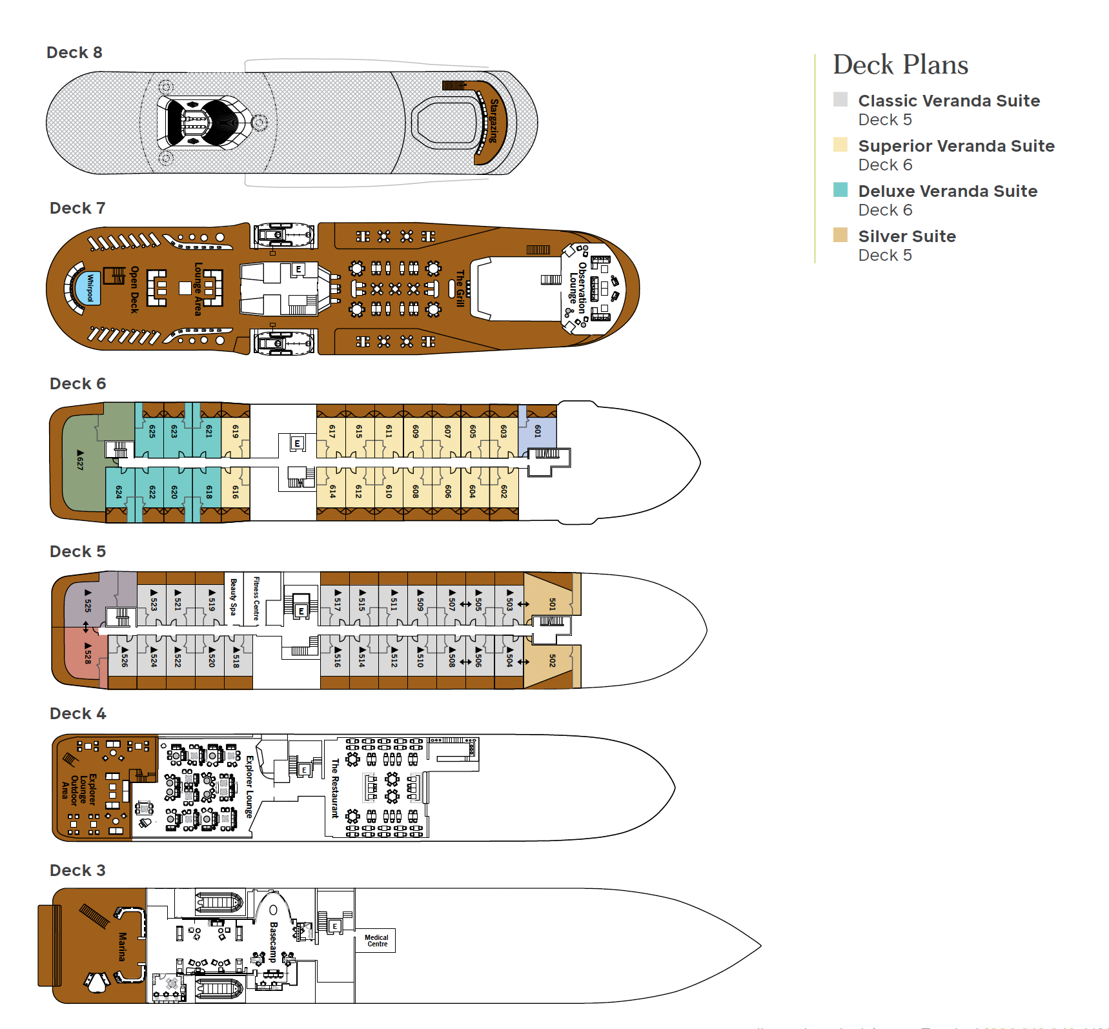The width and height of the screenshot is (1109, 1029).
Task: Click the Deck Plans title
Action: tap(900, 65)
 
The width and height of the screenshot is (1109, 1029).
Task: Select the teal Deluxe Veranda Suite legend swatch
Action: tap(840, 190)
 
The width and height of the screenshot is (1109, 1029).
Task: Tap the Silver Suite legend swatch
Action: tap(840, 235)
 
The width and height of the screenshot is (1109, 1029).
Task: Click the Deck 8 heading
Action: tap(74, 52)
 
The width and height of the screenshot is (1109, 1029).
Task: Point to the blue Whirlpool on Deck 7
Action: tap(90, 288)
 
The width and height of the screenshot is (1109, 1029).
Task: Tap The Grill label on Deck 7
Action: tap(460, 288)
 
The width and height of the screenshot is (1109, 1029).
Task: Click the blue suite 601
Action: tap(538, 431)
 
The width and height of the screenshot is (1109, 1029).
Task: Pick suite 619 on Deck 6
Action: tap(236, 431)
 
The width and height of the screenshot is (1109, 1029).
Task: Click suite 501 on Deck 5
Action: tap(552, 604)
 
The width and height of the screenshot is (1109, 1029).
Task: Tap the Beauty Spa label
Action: tap(234, 597)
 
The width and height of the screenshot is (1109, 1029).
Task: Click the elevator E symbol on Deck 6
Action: tap(297, 443)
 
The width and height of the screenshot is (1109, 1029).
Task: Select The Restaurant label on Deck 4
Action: tap(334, 788)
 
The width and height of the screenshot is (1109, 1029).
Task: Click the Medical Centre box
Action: tap(376, 941)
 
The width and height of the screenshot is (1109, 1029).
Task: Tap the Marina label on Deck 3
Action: tap(123, 946)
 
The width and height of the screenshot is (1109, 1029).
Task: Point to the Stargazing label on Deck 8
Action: tap(494, 121)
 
